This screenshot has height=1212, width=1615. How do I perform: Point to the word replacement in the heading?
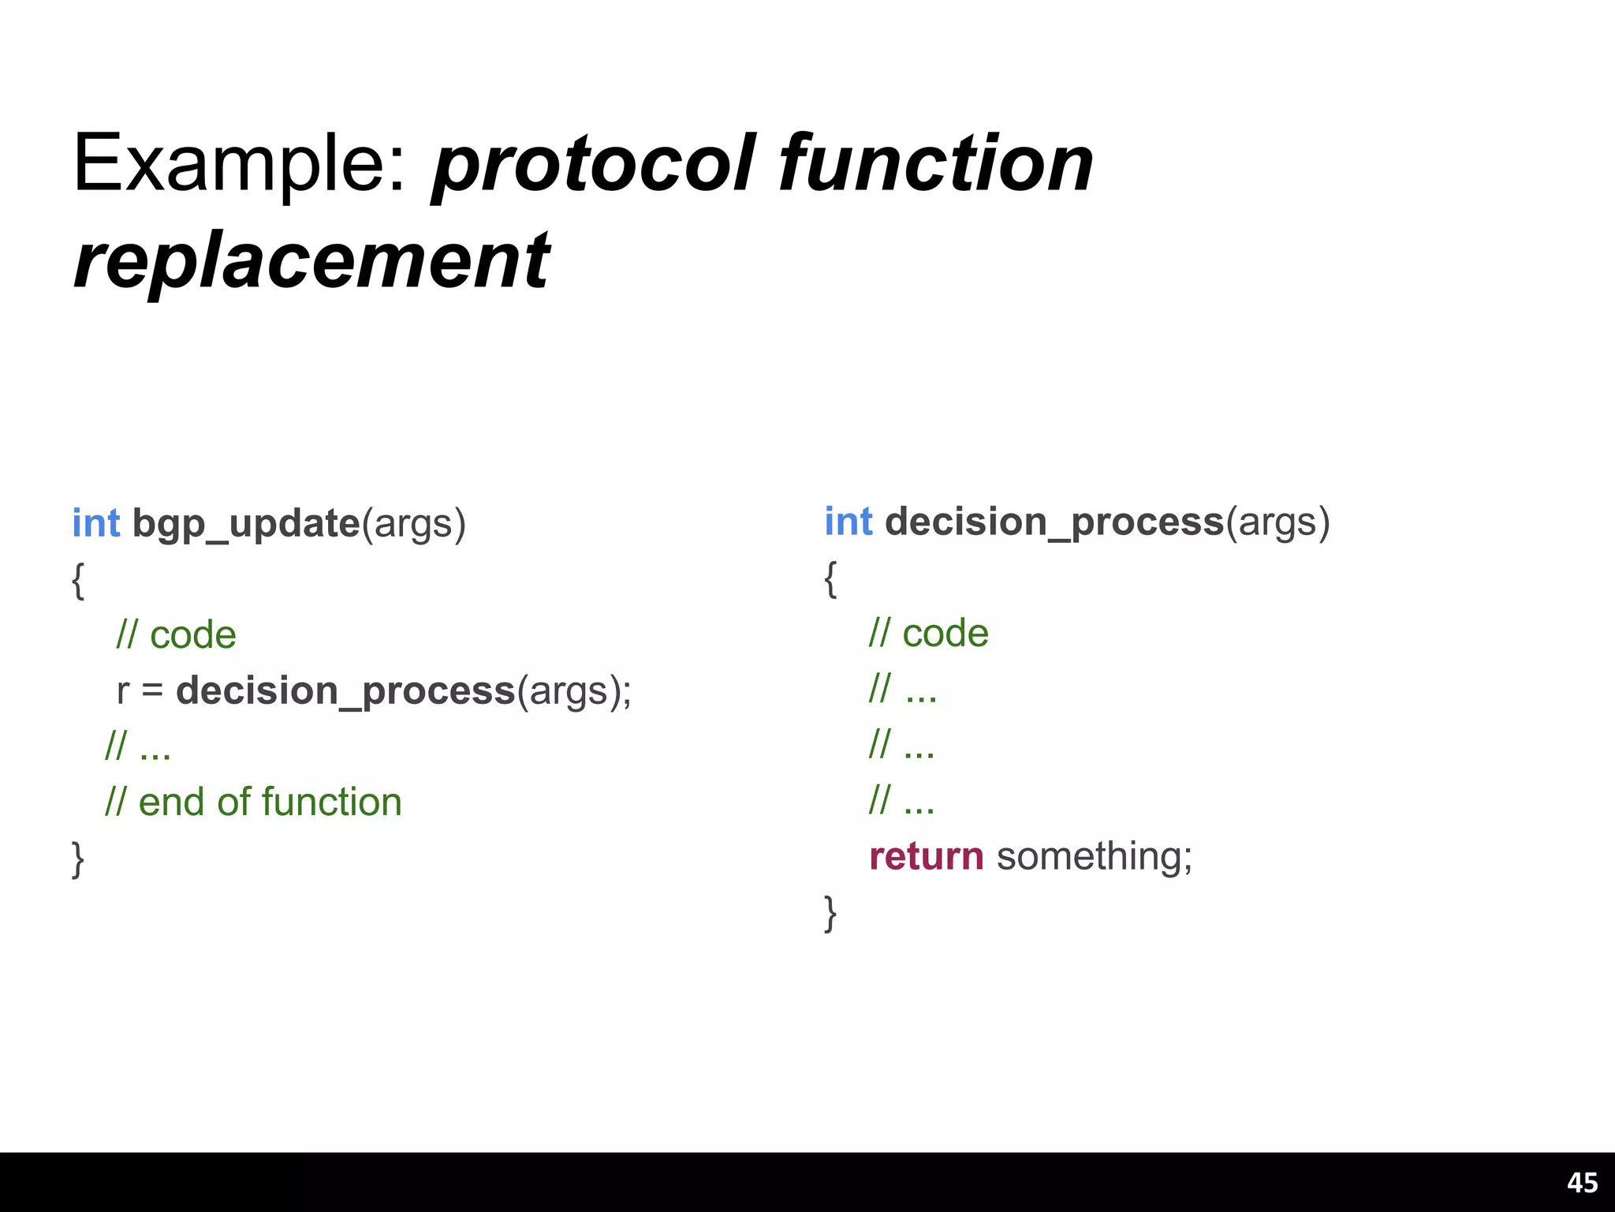point(311,260)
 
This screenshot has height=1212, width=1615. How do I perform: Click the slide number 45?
point(1582,1182)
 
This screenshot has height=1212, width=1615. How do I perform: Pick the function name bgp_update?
point(246,524)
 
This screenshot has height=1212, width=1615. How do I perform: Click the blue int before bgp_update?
point(95,523)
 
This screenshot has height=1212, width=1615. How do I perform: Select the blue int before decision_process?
point(849,522)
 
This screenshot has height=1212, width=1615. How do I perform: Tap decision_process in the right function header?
point(1054,522)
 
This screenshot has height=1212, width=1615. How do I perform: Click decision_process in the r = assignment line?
point(345,690)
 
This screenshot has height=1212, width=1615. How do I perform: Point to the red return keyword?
point(926,856)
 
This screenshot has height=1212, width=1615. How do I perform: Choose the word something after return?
point(1094,856)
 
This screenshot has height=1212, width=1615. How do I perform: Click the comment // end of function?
point(253,802)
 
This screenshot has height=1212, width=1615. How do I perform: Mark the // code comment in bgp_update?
point(176,634)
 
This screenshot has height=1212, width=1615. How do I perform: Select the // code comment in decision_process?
point(928,633)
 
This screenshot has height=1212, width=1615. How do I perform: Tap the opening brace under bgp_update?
point(77,581)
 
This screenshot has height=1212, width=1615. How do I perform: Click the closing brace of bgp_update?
point(77,859)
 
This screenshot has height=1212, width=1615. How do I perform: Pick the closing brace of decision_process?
point(830,913)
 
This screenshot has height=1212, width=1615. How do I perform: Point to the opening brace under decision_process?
point(830,579)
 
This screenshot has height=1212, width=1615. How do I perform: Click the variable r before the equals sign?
point(122,691)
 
